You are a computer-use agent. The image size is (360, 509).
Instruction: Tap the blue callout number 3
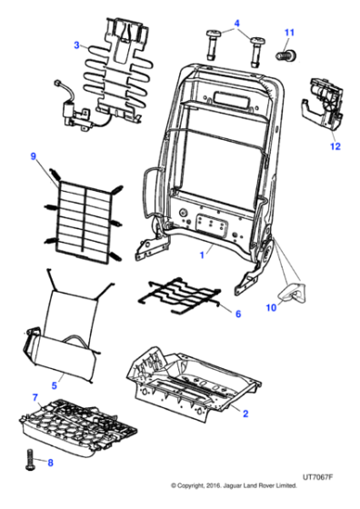point(76,43)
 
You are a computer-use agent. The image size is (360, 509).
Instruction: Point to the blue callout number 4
point(236,24)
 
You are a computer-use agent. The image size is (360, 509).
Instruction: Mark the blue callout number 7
point(35,397)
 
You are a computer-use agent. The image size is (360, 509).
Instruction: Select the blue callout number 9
point(34,156)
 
